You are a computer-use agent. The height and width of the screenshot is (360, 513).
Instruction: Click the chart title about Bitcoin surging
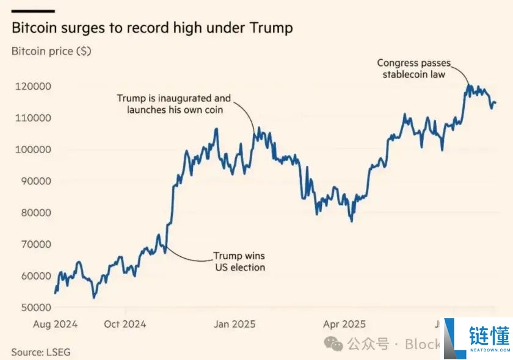click(152, 28)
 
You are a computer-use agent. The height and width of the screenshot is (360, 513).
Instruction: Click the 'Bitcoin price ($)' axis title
click(51, 51)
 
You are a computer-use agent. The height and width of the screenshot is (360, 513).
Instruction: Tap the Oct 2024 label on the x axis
click(125, 324)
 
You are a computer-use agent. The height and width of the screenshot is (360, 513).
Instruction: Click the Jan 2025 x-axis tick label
click(235, 324)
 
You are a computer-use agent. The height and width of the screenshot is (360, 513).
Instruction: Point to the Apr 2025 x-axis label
click(344, 324)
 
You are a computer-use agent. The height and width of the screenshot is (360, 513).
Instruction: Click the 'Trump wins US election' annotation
click(239, 262)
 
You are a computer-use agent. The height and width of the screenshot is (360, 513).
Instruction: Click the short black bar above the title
click(33, 11)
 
